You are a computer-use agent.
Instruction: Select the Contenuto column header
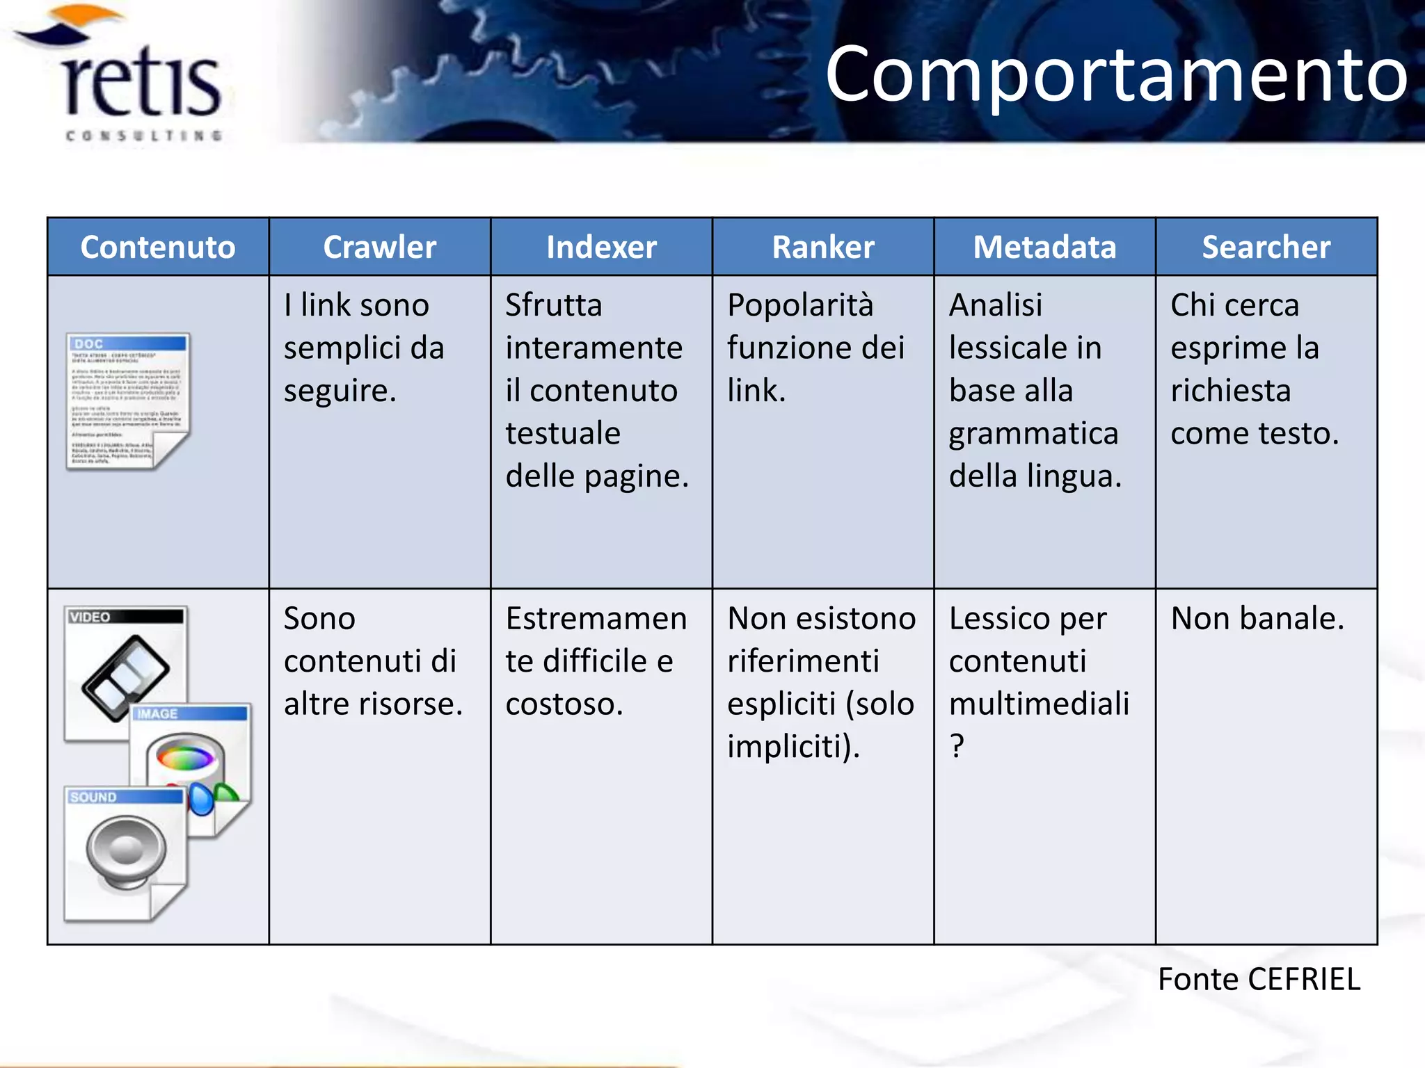(x=158, y=247)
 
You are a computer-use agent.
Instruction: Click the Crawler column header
(x=379, y=247)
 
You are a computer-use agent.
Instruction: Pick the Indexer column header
(x=601, y=247)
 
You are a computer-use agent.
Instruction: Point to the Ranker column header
(x=822, y=247)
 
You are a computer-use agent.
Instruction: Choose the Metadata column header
(x=1044, y=247)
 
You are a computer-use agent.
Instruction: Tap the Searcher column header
(x=1266, y=247)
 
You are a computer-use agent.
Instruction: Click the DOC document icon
(x=128, y=401)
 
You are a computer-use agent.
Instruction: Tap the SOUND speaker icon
(x=125, y=852)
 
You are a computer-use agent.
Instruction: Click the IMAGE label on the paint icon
(x=157, y=714)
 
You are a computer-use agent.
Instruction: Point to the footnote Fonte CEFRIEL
(x=1258, y=979)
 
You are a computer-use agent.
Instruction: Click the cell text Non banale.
(x=1257, y=618)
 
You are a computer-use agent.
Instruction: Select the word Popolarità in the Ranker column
(x=799, y=305)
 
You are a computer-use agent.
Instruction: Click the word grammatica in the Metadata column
(x=1033, y=434)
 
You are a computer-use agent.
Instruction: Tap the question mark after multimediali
(x=957, y=746)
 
